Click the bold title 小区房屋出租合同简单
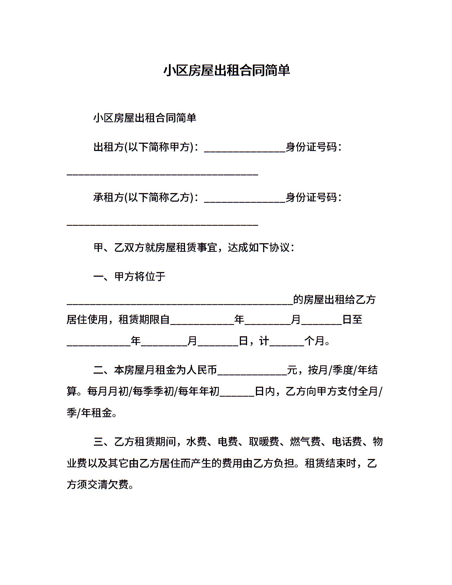pos(226,70)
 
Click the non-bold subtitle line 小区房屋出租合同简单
pos(145,118)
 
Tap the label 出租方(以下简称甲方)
pos(143,147)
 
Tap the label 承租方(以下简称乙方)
pos(143,197)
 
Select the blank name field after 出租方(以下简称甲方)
pos(245,148)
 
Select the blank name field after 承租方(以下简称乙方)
pos(245,199)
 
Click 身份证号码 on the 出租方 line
pos(311,147)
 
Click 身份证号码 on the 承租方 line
pos(311,197)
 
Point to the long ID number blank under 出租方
pos(163,172)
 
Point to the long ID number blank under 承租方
pos(163,223)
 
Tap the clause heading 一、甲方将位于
pos(129,276)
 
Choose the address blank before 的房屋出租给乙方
pos(180,301)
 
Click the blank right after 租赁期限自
pos(202,321)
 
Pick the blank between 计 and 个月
pos(287,342)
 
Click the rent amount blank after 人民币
pos(252,371)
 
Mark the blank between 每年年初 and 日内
pos(237,393)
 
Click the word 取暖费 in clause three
pos(264,442)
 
